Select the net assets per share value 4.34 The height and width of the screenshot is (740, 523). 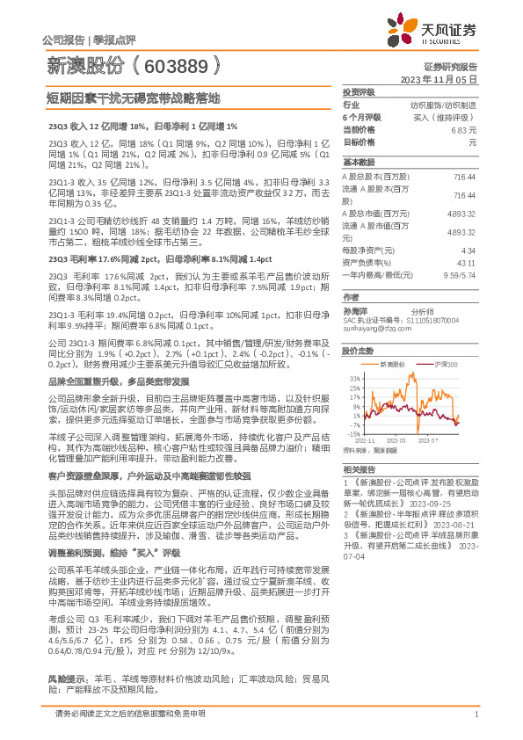[x=468, y=250]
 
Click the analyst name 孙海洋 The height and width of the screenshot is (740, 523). [x=356, y=312]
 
